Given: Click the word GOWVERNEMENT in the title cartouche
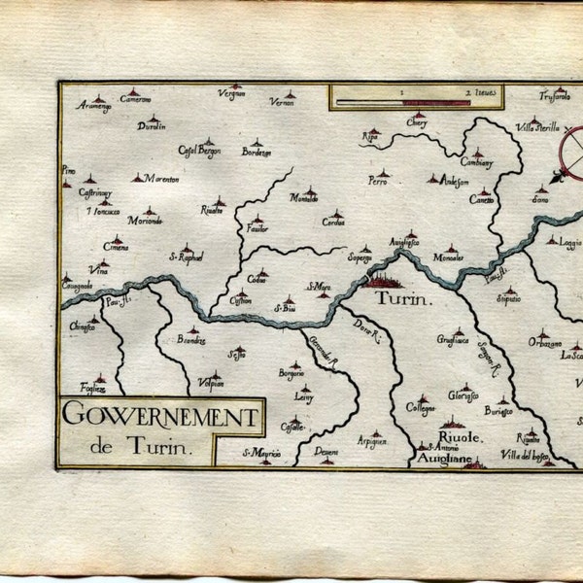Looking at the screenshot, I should pos(160,419).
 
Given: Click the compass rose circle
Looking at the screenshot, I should pos(571,150).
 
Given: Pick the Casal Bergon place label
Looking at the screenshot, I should pos(199,152).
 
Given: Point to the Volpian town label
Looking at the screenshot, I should pos(211,383).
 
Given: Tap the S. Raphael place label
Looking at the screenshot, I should pos(186,257).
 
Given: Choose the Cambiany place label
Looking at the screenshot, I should pos(476,162).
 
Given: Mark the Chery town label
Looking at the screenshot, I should pos(417,124).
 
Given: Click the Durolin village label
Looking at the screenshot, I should pos(152,126).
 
